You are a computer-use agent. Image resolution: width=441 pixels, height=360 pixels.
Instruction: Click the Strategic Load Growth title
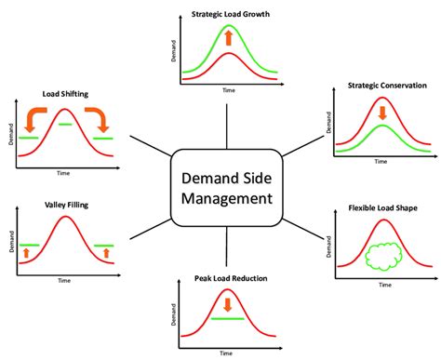click(x=228, y=14)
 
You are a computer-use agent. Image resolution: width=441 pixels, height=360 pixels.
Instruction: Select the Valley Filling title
click(x=64, y=205)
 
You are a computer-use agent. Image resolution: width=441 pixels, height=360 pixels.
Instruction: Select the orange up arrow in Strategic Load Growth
click(x=228, y=39)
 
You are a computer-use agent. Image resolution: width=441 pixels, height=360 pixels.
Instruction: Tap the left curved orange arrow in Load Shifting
click(x=34, y=117)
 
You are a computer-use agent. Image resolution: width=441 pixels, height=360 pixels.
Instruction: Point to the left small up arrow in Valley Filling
click(x=25, y=252)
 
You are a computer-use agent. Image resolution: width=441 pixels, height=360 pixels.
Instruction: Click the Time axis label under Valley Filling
click(x=64, y=280)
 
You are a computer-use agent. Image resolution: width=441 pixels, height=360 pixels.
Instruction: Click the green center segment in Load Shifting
click(x=64, y=124)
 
